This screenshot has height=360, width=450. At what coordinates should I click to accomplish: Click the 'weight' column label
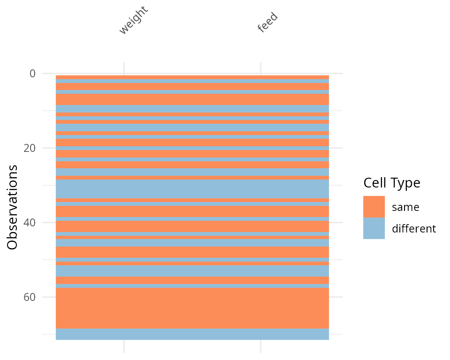[x=133, y=21]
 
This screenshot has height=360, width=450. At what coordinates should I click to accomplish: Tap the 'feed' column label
[x=268, y=22]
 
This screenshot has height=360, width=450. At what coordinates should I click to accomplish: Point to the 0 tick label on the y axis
[x=32, y=74]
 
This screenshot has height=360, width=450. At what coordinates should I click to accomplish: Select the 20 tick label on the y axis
[x=30, y=148]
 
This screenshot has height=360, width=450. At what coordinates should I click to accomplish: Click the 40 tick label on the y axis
[x=30, y=223]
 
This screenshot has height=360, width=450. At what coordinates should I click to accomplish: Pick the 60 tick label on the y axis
[x=30, y=297]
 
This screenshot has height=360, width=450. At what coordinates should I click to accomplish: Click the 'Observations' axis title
[x=13, y=207]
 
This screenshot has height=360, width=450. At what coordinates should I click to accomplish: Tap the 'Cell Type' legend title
[x=391, y=183]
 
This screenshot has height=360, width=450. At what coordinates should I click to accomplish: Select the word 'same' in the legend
[x=405, y=207]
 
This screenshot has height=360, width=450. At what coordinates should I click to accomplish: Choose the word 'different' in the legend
[x=414, y=229]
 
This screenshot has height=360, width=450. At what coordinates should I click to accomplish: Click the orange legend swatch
[x=374, y=207]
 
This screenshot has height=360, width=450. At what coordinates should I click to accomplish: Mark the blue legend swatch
[x=374, y=228]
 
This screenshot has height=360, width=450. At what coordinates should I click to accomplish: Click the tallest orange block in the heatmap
[x=192, y=308]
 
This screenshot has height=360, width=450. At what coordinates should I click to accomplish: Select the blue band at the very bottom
[x=192, y=334]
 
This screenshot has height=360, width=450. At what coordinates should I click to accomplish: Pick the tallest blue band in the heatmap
[x=192, y=189]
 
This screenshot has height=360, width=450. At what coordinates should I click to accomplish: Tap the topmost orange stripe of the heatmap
[x=192, y=77]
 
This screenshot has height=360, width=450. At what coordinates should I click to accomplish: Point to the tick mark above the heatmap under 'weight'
[x=124, y=68]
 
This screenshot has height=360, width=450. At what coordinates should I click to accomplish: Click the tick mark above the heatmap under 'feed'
[x=261, y=68]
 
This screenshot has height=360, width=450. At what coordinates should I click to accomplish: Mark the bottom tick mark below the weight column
[x=124, y=346]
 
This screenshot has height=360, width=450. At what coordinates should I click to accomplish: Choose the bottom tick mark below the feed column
[x=261, y=346]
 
